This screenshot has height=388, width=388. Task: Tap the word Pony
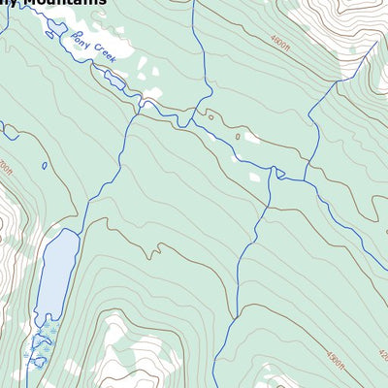pos(81,42)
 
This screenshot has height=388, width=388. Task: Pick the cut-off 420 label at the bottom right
pos(380,355)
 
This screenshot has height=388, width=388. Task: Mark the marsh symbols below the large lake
pos(41,344)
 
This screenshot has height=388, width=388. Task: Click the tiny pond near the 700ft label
pos(45,165)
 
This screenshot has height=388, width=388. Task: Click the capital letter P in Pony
pos(74,36)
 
